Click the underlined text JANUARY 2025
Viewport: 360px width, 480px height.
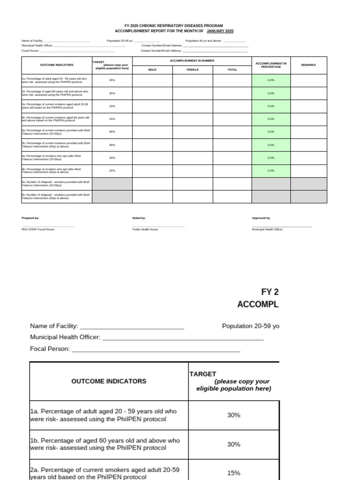(220, 31)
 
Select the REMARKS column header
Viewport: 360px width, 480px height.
(308, 65)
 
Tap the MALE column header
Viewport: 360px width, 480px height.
(152, 70)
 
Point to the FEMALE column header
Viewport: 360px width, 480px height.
(193, 70)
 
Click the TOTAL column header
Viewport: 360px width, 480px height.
(232, 70)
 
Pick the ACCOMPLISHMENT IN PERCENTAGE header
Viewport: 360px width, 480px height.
(271, 65)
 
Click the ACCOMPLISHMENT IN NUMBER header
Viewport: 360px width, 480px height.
(192, 61)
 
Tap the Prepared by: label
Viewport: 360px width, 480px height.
(30, 218)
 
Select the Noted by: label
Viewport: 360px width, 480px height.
(139, 218)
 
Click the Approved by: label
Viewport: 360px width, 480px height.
(261, 218)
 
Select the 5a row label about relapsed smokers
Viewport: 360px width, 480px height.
(56, 184)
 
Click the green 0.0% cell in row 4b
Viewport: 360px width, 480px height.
(271, 171)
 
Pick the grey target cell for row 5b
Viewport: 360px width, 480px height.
(112, 196)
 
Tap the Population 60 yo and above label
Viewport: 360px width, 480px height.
(204, 41)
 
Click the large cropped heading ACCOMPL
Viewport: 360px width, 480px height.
(258, 304)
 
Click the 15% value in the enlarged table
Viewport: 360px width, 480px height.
(233, 473)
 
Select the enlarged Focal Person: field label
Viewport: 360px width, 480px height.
(50, 349)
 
